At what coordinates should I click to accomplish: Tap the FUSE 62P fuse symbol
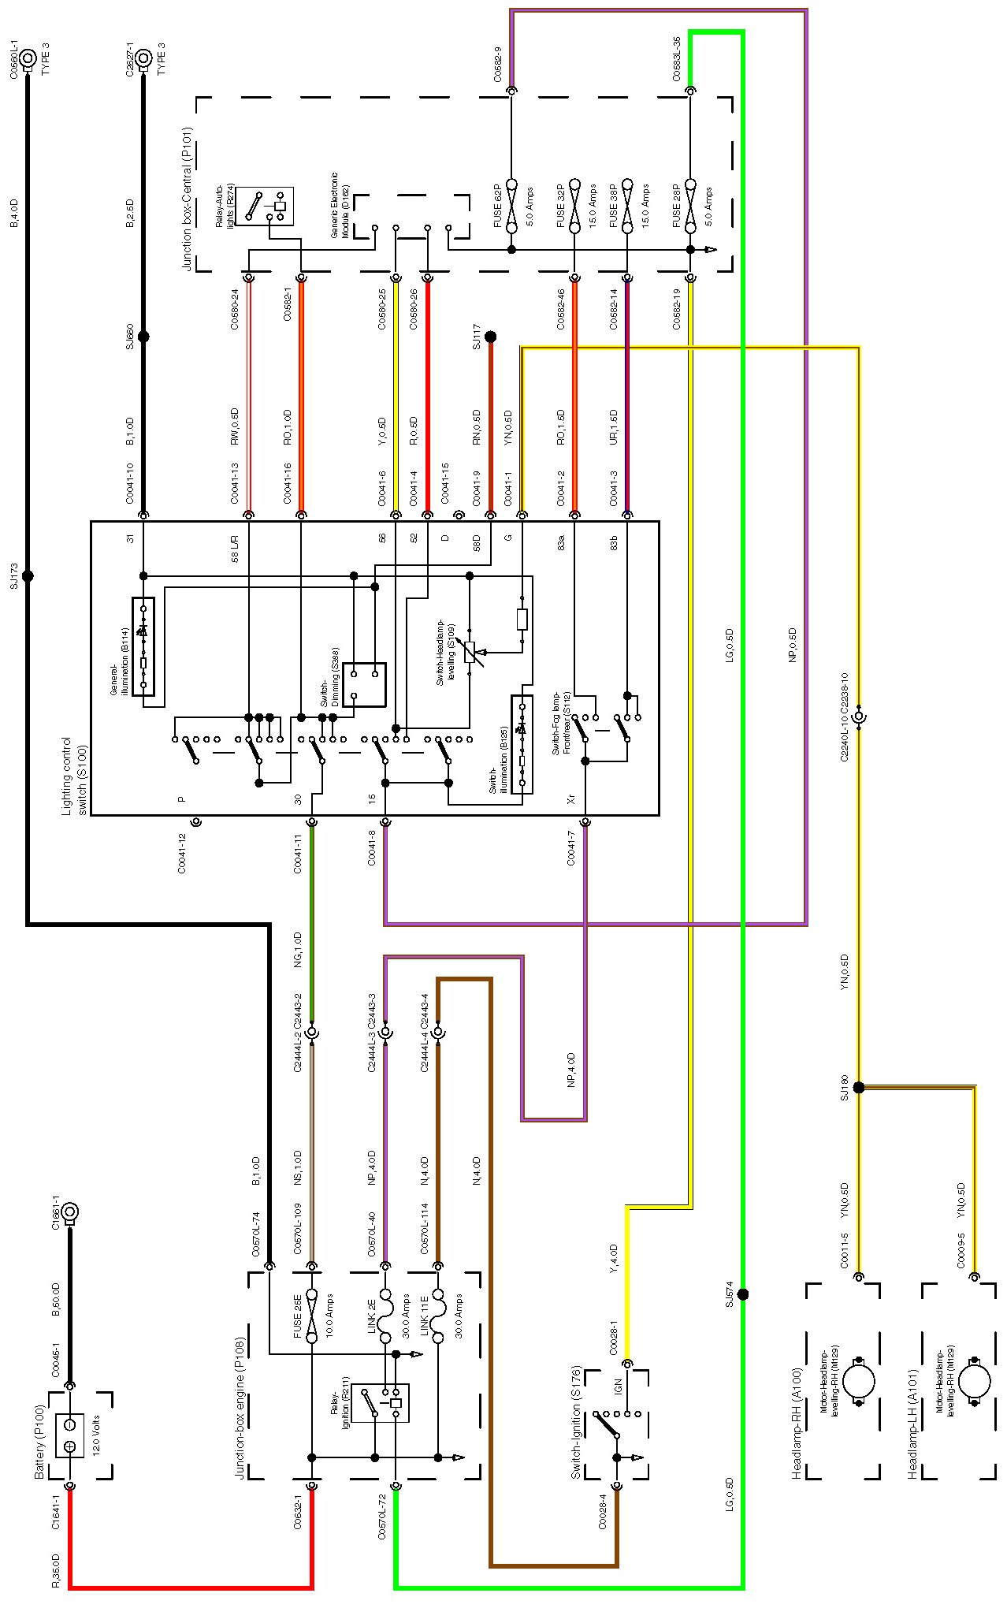click(x=511, y=206)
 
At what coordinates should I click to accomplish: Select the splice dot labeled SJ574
click(x=742, y=1294)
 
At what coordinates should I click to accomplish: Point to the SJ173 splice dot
click(x=28, y=576)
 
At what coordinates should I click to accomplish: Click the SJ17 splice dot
click(x=490, y=337)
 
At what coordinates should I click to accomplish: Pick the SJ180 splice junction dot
click(x=859, y=1088)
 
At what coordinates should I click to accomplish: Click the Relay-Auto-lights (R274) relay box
click(x=266, y=206)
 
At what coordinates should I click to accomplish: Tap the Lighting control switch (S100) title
click(x=75, y=776)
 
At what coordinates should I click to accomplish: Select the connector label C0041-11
click(x=298, y=854)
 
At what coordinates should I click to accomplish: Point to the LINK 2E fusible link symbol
click(x=385, y=1316)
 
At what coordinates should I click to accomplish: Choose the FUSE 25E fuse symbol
click(x=312, y=1316)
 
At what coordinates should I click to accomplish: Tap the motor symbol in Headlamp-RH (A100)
click(x=859, y=1381)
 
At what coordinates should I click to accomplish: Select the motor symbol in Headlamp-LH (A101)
click(x=975, y=1381)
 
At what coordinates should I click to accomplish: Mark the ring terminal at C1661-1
click(x=69, y=1212)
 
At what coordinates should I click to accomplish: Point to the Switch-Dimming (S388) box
click(x=364, y=684)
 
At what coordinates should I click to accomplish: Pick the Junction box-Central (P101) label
click(x=187, y=198)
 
